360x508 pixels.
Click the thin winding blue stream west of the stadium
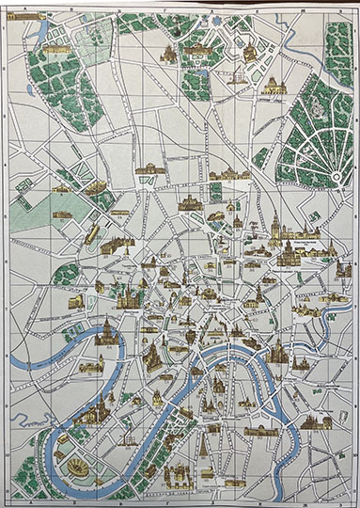click(35, 452)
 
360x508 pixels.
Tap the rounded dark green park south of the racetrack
click(66, 274)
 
